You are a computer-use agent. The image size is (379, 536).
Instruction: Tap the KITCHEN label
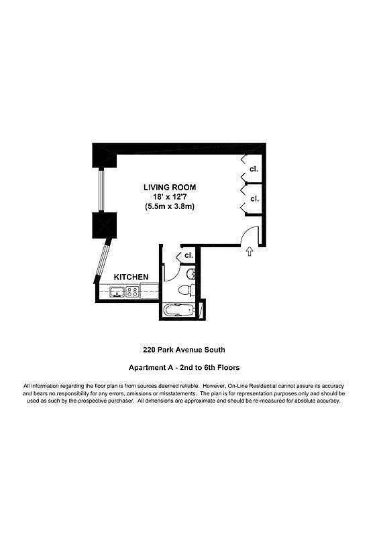tap(131, 277)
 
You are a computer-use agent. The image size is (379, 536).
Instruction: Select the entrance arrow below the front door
tap(250, 252)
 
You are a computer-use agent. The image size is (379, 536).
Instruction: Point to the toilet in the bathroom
tap(187, 289)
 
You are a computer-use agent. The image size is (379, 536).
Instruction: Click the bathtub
tap(178, 312)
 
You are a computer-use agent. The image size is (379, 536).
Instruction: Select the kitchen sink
tap(115, 292)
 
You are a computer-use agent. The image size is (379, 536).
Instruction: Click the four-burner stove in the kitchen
tap(132, 292)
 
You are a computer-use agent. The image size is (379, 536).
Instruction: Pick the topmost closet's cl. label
tap(254, 169)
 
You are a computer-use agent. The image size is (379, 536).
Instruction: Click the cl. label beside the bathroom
tap(188, 255)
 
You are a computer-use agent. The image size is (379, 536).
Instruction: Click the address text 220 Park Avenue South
tap(184, 349)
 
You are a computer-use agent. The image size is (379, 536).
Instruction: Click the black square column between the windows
tap(105, 224)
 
